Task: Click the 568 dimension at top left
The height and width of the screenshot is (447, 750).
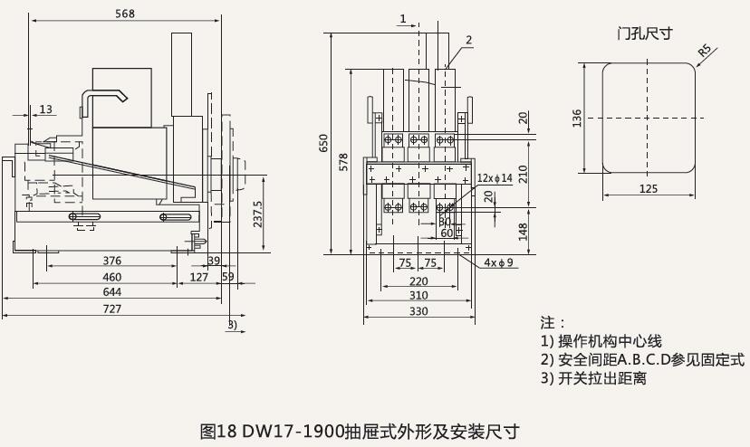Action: pos(126,14)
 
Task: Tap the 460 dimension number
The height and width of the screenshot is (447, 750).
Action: pos(111,277)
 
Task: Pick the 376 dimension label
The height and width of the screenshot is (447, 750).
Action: pos(111,262)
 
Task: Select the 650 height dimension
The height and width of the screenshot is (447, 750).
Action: pos(324,143)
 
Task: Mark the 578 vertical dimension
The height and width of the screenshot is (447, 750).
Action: pos(343,161)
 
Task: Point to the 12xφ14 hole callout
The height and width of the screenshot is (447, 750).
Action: pos(495,178)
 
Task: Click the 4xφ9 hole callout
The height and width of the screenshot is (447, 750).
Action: pos(498,263)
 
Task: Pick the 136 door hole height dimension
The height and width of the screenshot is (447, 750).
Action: pos(577,119)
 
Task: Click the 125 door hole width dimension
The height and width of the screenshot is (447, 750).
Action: pos(648,188)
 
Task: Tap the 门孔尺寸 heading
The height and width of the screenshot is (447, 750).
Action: pos(644,33)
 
